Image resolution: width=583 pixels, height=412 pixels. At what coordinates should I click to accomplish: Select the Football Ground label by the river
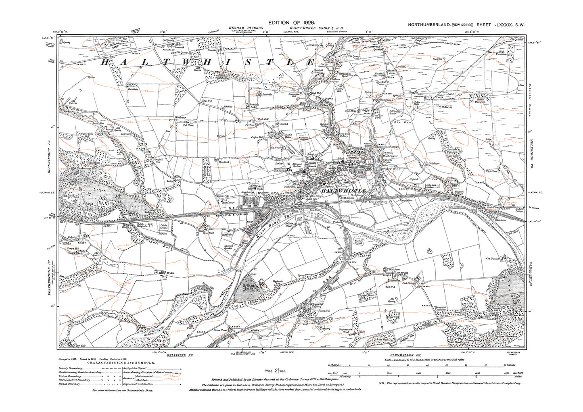[358, 243]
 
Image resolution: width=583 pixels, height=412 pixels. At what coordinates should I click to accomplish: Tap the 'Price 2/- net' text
[274, 370]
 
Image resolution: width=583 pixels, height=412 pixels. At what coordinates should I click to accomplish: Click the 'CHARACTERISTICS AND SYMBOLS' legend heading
[114, 362]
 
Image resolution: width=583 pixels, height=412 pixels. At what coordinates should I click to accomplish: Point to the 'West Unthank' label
[492, 258]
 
